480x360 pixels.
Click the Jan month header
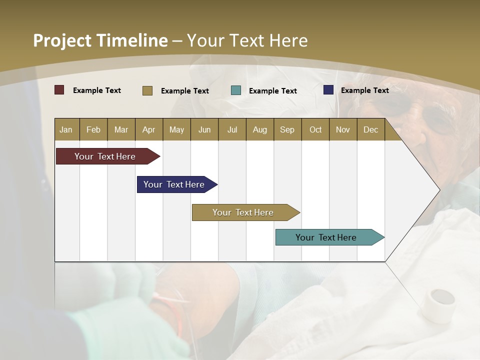66,129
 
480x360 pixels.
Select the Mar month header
121,129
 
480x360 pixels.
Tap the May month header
176,129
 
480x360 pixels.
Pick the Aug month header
259,129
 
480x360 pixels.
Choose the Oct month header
315,129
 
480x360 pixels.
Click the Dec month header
370,129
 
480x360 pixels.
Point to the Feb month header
93,129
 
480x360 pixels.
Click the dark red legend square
59,90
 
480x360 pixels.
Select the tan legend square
147,90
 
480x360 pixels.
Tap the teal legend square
236,90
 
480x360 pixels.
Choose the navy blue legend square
328,90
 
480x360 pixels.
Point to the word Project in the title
62,40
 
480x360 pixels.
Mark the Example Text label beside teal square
272,91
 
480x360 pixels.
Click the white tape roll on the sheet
438,305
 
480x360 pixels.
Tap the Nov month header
343,129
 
